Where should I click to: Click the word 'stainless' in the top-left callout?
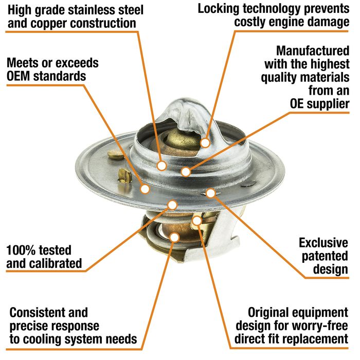coord(94,10)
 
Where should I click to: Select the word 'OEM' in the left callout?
coord(19,76)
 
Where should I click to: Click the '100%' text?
coord(20,250)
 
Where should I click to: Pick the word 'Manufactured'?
coord(313,51)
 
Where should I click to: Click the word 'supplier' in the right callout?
coord(328,104)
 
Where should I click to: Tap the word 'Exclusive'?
coord(323,243)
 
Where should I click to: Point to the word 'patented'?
coord(325,257)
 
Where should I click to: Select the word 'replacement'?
coord(317,339)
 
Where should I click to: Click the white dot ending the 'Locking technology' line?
coord(205,143)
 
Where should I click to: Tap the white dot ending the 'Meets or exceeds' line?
coord(145,189)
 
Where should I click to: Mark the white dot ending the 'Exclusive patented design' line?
coord(210,193)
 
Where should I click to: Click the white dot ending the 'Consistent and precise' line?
coord(174,238)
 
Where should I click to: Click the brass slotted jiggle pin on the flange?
coord(125,176)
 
